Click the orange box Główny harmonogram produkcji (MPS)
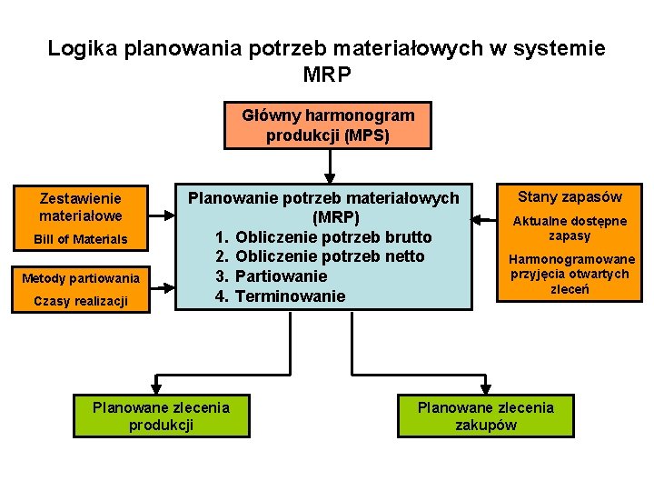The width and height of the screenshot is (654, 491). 328,125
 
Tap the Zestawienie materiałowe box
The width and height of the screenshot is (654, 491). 80,206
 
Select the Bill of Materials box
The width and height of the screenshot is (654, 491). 80,240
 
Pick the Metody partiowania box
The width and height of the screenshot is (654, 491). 80,277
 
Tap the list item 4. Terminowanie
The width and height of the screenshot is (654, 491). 280,296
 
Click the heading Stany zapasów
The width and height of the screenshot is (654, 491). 570,196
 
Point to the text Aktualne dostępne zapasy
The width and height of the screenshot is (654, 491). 570,228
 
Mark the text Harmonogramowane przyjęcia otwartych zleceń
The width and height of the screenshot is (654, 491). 570,275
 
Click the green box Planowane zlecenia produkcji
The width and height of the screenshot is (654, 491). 161,416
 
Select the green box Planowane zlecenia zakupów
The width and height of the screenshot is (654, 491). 485,416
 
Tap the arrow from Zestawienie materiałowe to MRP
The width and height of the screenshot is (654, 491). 162,216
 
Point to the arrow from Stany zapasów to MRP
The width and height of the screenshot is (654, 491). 484,219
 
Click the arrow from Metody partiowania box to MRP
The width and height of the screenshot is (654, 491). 162,287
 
